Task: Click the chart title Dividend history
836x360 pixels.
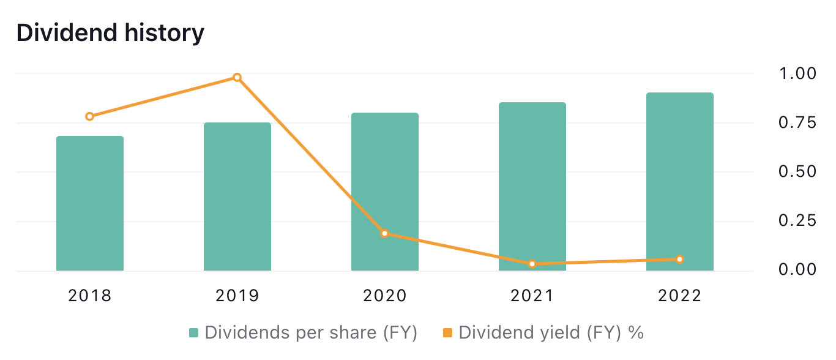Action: pos(110,33)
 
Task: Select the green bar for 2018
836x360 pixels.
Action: pos(90,203)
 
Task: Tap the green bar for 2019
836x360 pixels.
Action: pos(237,197)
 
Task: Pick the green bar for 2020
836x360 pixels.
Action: pos(385,192)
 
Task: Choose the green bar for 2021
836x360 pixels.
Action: pos(532,187)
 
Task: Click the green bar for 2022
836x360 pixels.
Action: pos(680,182)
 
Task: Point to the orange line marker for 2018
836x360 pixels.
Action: pos(90,116)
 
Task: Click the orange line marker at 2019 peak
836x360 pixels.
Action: pos(237,78)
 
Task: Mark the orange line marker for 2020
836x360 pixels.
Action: pos(385,233)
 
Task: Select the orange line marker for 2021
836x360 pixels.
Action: pos(532,264)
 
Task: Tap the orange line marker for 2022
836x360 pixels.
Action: pos(680,260)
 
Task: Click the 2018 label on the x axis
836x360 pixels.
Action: pos(90,296)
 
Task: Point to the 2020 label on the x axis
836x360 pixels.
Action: pos(385,296)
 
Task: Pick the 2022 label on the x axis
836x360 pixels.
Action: pos(680,296)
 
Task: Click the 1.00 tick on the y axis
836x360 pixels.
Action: pos(797,73)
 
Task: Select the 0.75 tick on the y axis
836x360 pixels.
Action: pos(797,122)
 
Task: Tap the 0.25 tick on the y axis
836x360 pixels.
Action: pos(797,220)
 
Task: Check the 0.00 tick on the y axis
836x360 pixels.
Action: pos(797,269)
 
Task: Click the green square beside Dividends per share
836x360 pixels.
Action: pos(194,333)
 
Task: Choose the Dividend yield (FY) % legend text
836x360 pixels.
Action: pos(551,332)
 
